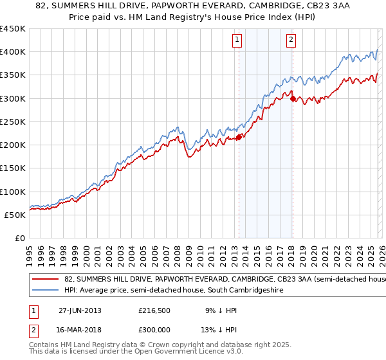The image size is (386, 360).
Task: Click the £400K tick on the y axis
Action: [x=13, y=52]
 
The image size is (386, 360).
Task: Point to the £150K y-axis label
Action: [x=13, y=168]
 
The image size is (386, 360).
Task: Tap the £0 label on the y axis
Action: [x=19, y=239]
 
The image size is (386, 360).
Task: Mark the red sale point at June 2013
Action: [x=239, y=137]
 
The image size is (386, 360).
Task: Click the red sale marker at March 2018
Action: [x=292, y=98]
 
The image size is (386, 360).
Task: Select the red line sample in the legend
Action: [x=46, y=280]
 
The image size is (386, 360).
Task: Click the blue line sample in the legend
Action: [x=46, y=291]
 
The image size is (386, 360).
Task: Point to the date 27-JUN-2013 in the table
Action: [x=80, y=310]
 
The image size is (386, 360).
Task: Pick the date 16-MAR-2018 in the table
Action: [x=80, y=331]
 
